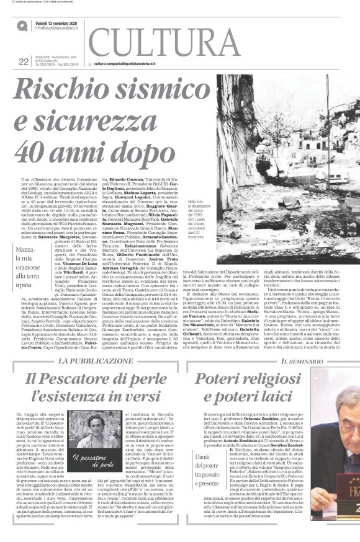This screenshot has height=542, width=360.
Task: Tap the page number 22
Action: tap(24, 61)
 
